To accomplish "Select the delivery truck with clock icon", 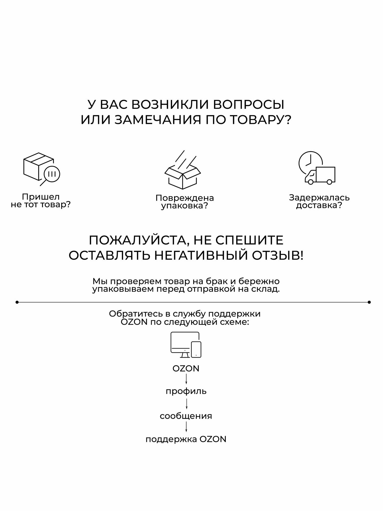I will [x=317, y=169].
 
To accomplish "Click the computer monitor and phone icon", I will [x=186, y=345].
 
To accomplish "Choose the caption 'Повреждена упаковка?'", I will [x=185, y=202].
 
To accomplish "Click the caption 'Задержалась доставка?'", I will [x=319, y=201].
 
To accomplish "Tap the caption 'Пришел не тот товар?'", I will [x=41, y=201].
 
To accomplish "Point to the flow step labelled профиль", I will [x=186, y=391].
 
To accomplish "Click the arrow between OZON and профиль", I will [x=186, y=379].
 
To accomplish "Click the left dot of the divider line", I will [x=17, y=302].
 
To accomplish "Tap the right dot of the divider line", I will [x=369, y=302].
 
